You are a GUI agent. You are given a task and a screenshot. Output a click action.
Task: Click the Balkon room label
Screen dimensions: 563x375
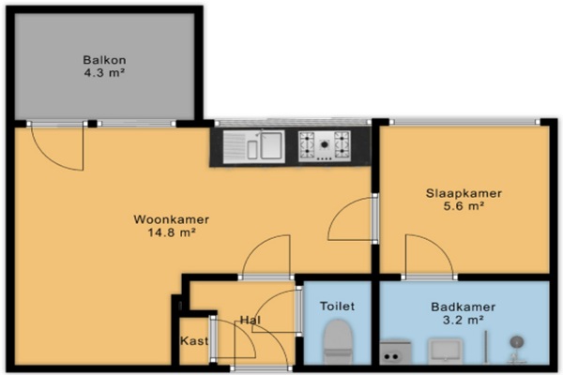point(104,60)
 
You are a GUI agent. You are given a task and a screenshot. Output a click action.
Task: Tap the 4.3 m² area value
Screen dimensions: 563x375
point(104,73)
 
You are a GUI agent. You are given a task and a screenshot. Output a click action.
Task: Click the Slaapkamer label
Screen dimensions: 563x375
point(464,193)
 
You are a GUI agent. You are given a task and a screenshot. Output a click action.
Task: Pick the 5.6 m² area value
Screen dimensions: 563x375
point(464,206)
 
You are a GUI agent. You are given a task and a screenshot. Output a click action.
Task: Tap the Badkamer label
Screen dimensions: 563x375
point(464,307)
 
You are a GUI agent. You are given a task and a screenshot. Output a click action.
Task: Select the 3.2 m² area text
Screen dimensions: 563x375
point(464,320)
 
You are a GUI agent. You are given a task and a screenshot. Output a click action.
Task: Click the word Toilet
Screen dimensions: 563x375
point(337,307)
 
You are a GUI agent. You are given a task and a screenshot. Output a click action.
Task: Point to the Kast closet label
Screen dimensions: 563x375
point(194,340)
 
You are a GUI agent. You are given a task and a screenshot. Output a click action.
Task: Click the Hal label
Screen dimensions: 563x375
point(251,320)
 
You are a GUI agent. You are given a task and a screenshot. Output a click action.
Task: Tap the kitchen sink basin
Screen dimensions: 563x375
point(271,145)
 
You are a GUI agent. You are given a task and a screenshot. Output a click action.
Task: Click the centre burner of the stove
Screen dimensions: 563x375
point(325,144)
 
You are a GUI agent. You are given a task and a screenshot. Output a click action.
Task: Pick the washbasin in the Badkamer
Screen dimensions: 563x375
point(445,351)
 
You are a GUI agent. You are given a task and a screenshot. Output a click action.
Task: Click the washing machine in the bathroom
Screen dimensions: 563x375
point(395,352)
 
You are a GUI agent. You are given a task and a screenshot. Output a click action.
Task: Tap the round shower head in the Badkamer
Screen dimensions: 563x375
point(516,342)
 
